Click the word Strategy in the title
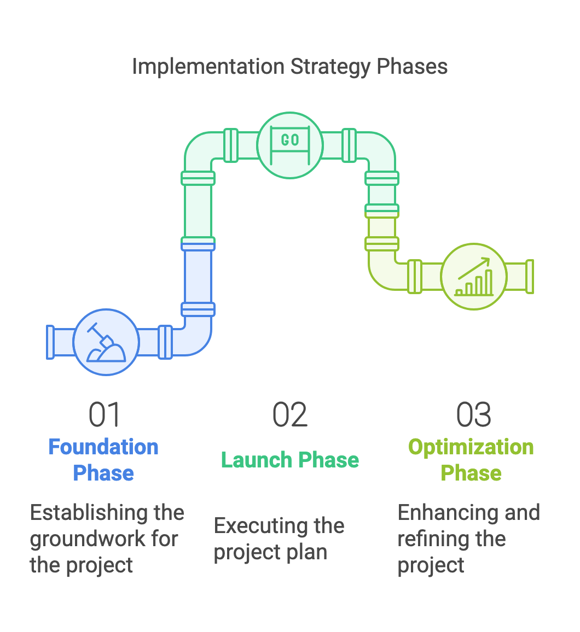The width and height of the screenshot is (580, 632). (330, 67)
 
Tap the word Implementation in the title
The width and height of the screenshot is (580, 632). (208, 66)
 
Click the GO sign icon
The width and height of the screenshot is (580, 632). (290, 145)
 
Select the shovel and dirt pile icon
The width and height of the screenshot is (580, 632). (106, 342)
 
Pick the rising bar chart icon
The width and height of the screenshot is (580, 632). (474, 277)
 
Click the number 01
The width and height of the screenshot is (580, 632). (105, 414)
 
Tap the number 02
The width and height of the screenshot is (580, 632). (290, 414)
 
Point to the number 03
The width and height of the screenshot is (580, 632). (474, 414)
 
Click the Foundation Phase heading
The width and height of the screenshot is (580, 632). (103, 460)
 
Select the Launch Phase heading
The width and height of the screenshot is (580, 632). (290, 460)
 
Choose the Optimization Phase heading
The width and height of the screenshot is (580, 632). (471, 460)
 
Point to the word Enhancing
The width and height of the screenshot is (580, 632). (443, 513)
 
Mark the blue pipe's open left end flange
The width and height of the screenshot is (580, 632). (50, 342)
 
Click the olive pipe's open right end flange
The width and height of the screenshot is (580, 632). (530, 277)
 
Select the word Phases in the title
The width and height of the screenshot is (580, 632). (412, 66)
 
